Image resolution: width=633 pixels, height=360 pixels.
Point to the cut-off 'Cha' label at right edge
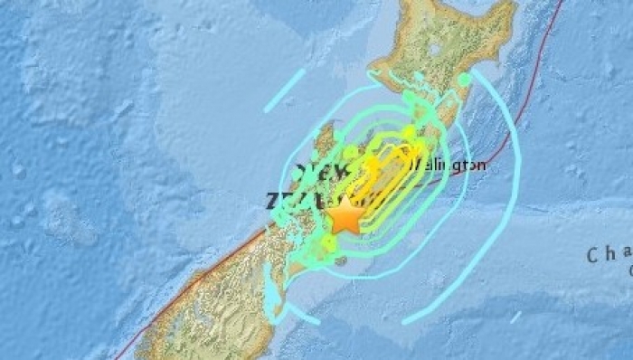[608, 255]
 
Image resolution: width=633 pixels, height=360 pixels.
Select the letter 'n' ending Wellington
[483, 165]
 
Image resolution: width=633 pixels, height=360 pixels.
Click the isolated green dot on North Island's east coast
[465, 80]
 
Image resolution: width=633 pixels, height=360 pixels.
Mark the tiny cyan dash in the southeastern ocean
[515, 316]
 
